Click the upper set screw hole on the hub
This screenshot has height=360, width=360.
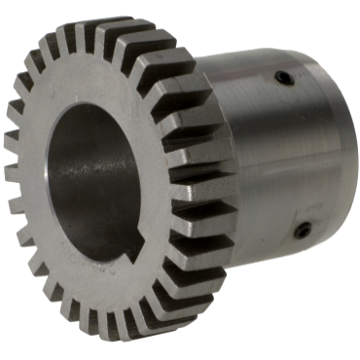(x=282, y=78)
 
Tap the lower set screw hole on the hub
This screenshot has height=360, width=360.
(x=303, y=231)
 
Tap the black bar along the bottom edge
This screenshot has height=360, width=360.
(x=180, y=353)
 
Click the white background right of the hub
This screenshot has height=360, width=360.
(x=352, y=292)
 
